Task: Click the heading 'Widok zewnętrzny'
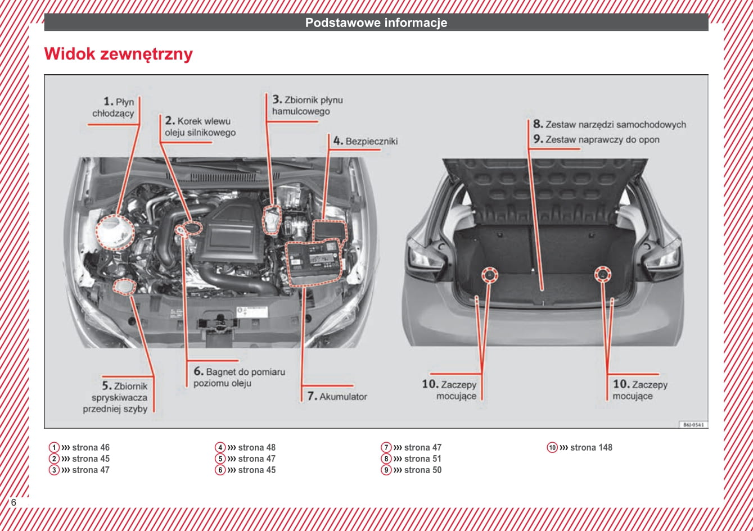[118, 55]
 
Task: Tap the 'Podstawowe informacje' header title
[376, 22]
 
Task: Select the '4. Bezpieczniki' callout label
[365, 141]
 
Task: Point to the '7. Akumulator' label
[337, 396]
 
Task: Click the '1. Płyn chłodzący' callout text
[115, 107]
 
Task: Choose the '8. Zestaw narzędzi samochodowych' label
[610, 124]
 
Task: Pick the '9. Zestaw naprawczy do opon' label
[596, 139]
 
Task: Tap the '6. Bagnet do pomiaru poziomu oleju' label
[239, 377]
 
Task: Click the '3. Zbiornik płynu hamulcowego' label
[306, 106]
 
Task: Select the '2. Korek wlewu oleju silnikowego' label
[200, 126]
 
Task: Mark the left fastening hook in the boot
[489, 275]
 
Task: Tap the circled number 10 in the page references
[552, 447]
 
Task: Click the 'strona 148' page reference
[591, 447]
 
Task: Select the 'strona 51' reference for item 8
[422, 459]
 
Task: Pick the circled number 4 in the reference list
[220, 447]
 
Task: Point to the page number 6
[13, 502]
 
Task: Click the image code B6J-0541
[693, 425]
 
